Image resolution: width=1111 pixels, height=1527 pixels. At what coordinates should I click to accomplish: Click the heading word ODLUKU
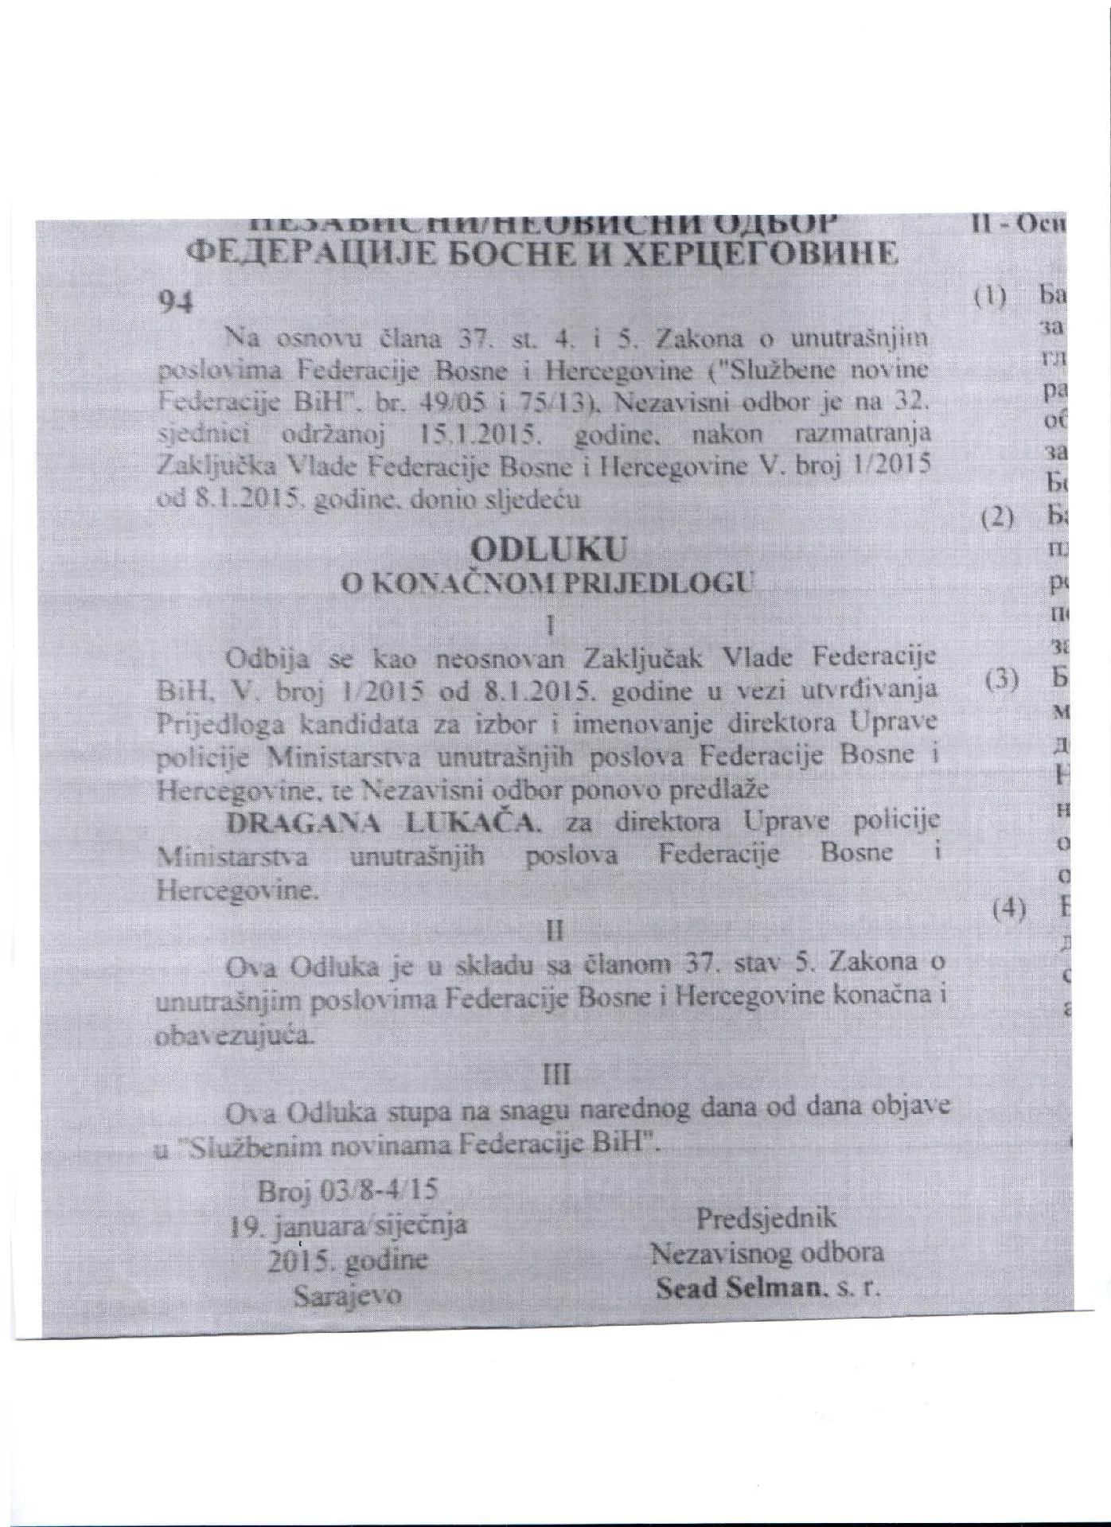(x=548, y=549)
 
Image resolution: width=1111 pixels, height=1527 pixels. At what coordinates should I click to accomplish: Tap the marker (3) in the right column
(x=1001, y=680)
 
